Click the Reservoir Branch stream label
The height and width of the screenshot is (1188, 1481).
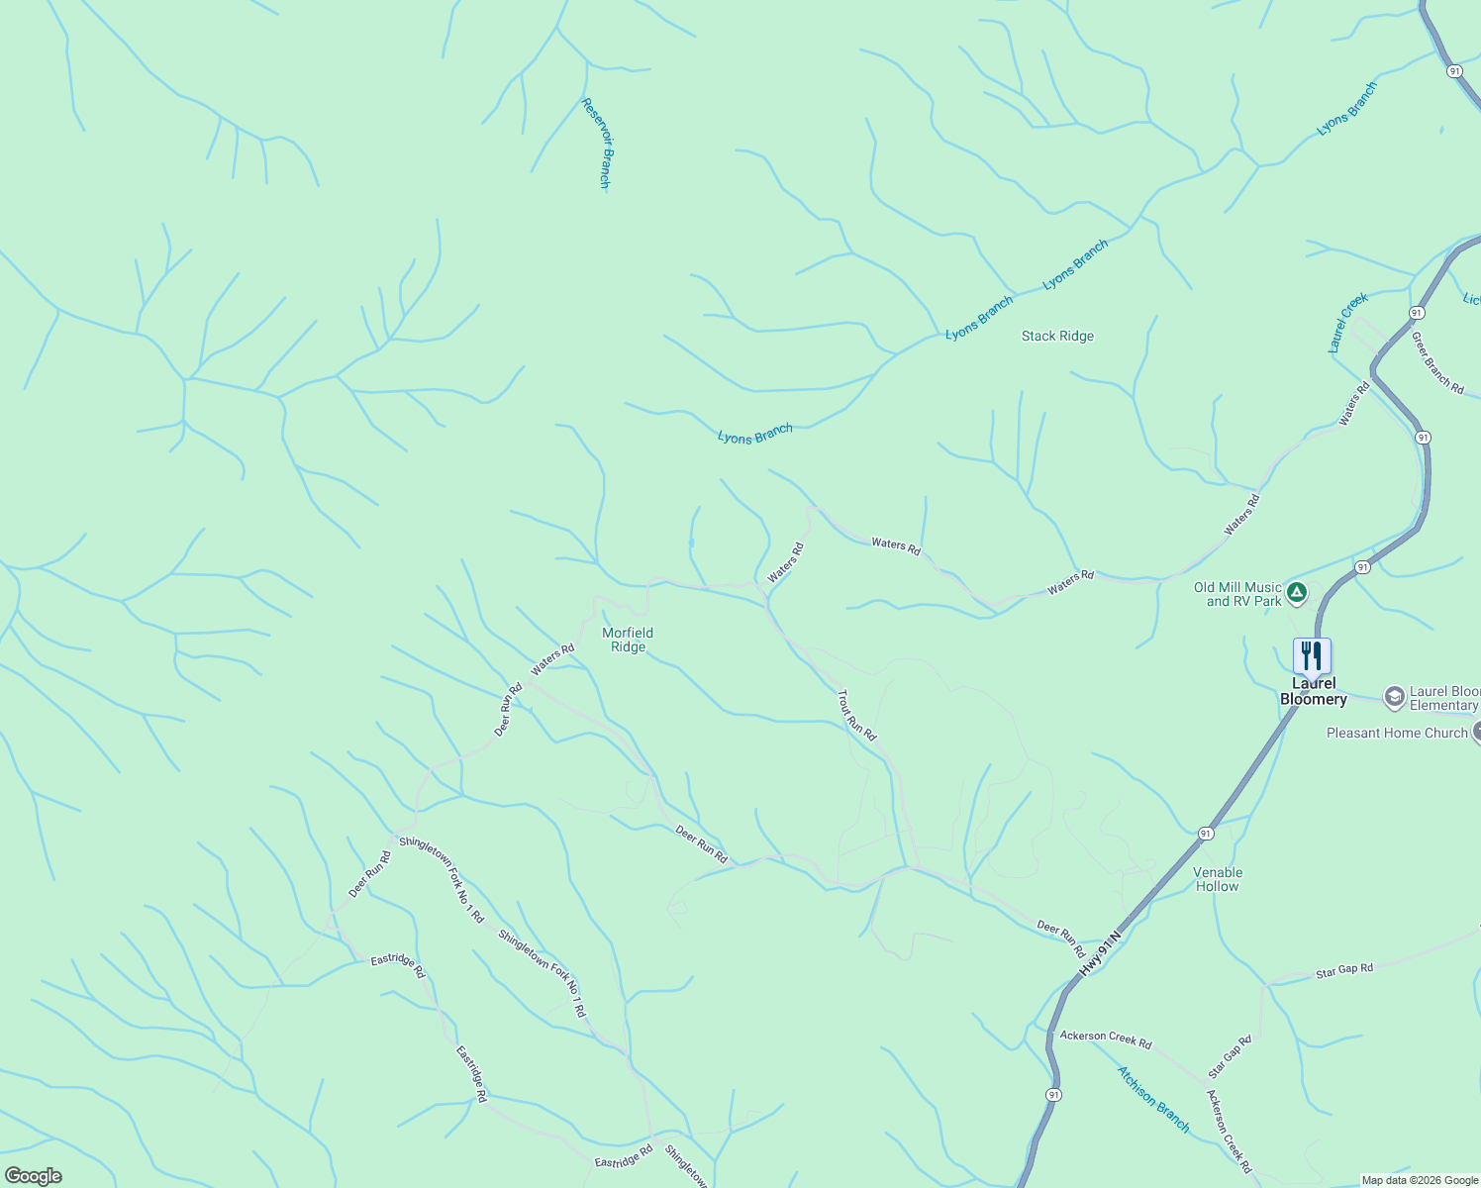[597, 143]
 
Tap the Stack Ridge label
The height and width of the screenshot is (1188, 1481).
[1057, 337]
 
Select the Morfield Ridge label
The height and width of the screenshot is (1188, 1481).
[628, 640]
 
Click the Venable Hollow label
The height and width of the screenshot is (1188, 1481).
[1218, 879]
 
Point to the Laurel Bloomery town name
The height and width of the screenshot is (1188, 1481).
[1314, 691]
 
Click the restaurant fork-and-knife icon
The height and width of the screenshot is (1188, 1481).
[1312, 654]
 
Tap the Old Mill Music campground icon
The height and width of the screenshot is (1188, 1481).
[1297, 594]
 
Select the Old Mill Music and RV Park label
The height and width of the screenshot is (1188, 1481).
[1237, 594]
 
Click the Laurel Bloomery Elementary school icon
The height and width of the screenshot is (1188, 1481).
[1394, 697]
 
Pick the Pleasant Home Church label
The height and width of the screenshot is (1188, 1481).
[1397, 734]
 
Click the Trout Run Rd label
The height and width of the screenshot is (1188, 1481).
[857, 715]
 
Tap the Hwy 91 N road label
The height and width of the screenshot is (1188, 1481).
[1101, 953]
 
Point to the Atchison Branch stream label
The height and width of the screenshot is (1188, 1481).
[1153, 1099]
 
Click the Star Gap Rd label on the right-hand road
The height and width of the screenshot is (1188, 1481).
[1344, 970]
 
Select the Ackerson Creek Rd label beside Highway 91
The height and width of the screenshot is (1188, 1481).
[1106, 1039]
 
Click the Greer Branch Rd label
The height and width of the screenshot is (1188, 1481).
[1437, 362]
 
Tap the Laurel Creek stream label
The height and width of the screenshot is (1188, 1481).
[1347, 322]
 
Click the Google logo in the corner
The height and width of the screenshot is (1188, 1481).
[34, 1176]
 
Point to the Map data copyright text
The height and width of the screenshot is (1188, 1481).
[1420, 1180]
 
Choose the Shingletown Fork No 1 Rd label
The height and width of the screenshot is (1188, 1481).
[442, 879]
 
